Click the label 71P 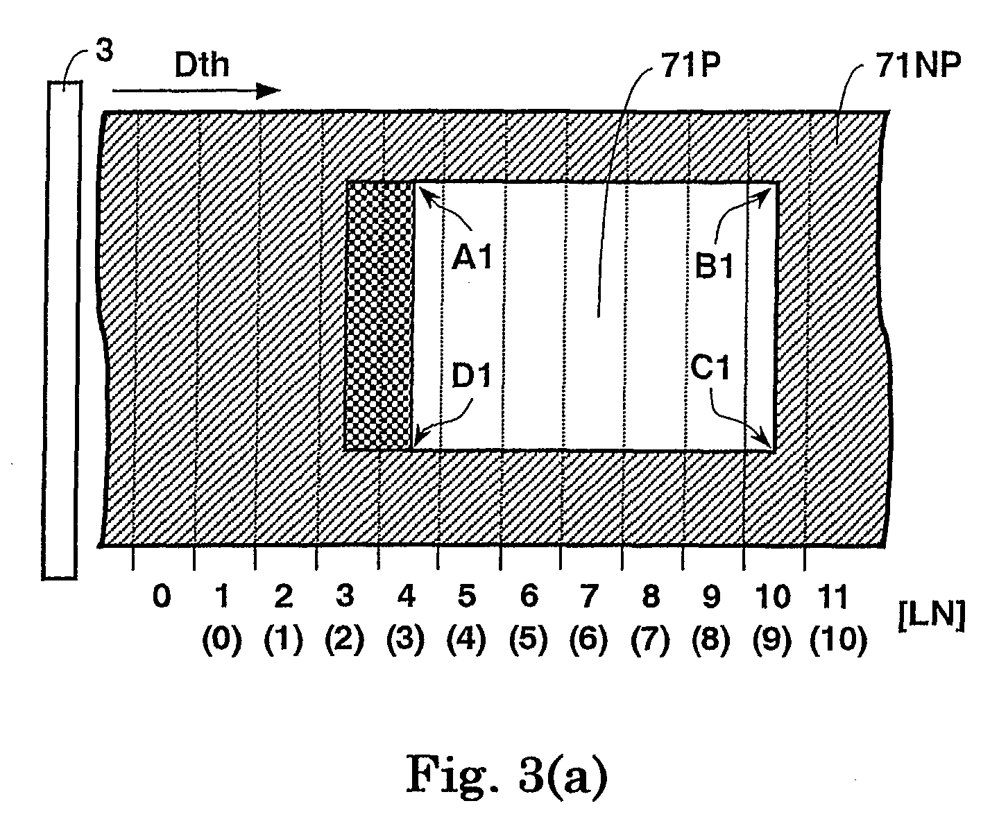click(x=690, y=64)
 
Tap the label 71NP click(x=918, y=64)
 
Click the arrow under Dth click(x=196, y=91)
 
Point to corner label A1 click(x=472, y=258)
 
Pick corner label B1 click(x=714, y=266)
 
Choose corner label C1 click(x=710, y=368)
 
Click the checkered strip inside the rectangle click(x=379, y=316)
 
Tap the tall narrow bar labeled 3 click(x=62, y=330)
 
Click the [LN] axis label click(x=932, y=615)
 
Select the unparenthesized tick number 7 click(x=590, y=596)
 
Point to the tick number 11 click(x=832, y=596)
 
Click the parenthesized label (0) click(x=221, y=639)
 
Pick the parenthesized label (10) click(x=838, y=639)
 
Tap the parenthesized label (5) click(x=528, y=639)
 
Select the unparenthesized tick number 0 click(x=162, y=596)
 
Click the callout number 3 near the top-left click(x=104, y=50)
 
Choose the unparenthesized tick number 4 click(x=407, y=596)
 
